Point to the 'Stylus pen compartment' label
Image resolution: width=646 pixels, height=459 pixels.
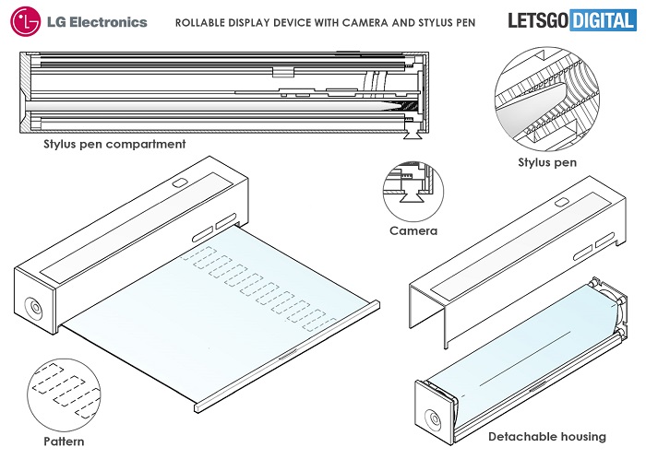tap(115, 145)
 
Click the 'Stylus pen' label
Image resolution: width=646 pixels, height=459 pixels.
tap(547, 162)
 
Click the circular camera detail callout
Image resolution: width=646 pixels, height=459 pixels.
tap(413, 189)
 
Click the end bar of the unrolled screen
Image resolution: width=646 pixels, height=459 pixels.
tap(286, 355)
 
